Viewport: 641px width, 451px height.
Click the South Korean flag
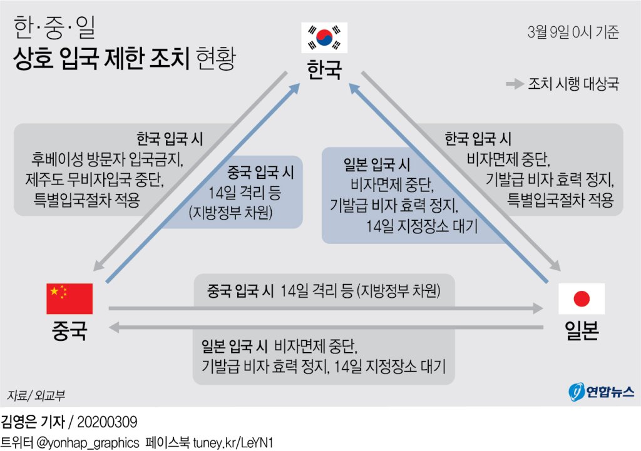(x=324, y=38)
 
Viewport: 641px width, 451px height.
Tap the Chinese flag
(x=69, y=298)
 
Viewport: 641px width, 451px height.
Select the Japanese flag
(x=582, y=298)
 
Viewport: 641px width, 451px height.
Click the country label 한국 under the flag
(x=324, y=69)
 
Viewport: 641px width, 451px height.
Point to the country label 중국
(x=69, y=330)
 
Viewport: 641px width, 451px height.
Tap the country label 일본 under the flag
(x=582, y=330)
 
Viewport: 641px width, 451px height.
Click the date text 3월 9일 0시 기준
(x=573, y=32)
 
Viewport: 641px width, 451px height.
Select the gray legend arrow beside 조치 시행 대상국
(x=515, y=84)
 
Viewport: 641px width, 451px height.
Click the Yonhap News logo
(x=602, y=392)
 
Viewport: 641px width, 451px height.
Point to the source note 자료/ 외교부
(x=36, y=395)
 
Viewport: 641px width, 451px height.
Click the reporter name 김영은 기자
(x=33, y=422)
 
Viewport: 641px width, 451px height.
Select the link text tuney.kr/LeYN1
(x=233, y=443)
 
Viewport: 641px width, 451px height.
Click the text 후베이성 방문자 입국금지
(x=107, y=159)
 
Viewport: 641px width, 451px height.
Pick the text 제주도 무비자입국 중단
(x=95, y=180)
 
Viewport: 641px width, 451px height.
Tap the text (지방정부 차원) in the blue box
(x=230, y=213)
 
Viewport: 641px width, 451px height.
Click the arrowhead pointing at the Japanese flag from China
(x=538, y=308)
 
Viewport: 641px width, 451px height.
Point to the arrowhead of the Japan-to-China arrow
(x=114, y=327)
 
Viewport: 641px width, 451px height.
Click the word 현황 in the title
(x=216, y=58)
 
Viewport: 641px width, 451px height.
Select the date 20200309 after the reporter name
(x=107, y=422)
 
